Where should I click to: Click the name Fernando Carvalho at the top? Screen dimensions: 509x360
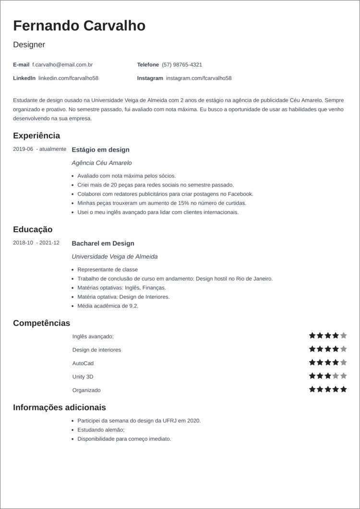coord(79,25)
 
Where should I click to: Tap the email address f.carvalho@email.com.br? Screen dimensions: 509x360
coord(62,65)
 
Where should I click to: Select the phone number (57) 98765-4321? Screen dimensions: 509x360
coord(181,65)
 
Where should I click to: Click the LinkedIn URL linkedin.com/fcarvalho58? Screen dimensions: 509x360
coord(68,78)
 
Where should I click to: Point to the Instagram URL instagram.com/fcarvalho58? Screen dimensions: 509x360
coord(198,78)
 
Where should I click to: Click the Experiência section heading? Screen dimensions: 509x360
coord(36,136)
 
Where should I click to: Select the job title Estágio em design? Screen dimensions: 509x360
coord(100,150)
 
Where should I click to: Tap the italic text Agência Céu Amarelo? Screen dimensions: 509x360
coord(101,163)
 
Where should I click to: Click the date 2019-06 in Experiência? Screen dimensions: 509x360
coord(23,149)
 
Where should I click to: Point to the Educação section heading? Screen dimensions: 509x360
coord(33,229)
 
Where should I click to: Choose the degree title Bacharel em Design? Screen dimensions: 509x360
coord(103,243)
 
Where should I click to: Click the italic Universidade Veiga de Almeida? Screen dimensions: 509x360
coord(114,257)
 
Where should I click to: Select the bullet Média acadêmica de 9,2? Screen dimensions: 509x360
coord(108,306)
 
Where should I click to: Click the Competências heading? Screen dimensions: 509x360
coord(41,323)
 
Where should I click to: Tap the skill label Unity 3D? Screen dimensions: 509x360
coord(83,377)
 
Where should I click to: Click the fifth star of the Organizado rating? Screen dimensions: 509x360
coord(343,389)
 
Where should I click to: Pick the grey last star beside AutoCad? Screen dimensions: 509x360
coord(343,362)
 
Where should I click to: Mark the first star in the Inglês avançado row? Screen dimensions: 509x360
coord(312,335)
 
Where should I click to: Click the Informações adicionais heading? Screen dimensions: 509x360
coord(59,407)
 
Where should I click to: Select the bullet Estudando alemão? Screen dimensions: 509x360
coord(101,430)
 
